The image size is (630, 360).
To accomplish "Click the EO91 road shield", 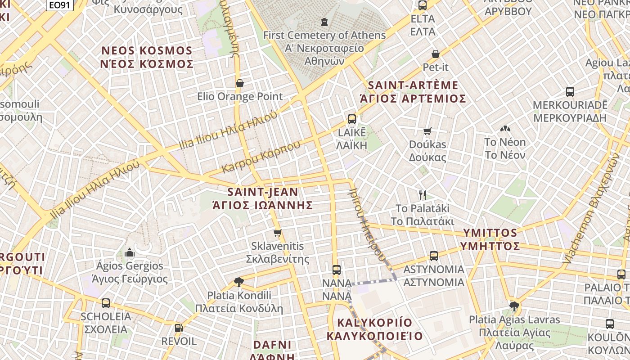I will (59, 5).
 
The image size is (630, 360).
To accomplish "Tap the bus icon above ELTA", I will (422, 5).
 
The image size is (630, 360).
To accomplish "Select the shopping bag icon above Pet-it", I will (435, 54).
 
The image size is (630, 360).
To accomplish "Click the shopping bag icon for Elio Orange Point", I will (240, 83).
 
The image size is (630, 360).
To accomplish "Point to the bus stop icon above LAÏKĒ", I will (352, 119).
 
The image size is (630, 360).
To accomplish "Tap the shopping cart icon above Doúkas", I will (427, 131).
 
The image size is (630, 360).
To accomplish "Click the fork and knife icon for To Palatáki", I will (422, 195).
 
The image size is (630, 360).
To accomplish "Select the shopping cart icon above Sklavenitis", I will (277, 233).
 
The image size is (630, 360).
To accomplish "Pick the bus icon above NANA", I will (337, 270).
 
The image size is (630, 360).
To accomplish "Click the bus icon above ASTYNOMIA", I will (434, 256).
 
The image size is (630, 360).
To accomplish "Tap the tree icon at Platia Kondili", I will (239, 282).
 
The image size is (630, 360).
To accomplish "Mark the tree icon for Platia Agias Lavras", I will (514, 306).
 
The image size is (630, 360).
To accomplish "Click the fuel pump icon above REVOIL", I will (179, 328).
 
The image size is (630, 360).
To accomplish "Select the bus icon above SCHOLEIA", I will (106, 303).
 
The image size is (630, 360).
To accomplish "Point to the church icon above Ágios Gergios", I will (130, 252).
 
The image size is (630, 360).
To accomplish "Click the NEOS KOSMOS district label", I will (147, 57).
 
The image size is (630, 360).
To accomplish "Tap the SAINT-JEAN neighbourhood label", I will (262, 198).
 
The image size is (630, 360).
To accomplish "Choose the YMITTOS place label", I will (490, 239).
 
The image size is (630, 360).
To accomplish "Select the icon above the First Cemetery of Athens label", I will (324, 22).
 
